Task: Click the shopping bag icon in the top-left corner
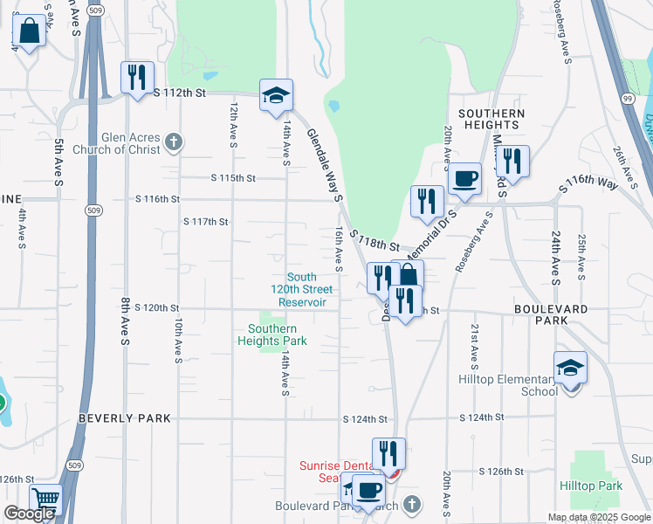click(x=29, y=32)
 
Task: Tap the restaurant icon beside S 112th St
click(x=137, y=79)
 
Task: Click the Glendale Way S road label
click(x=322, y=166)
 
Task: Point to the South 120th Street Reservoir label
click(x=302, y=290)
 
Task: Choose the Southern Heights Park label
click(x=272, y=334)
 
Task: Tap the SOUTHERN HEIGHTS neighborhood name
click(x=491, y=120)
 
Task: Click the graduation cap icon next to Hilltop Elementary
click(x=570, y=368)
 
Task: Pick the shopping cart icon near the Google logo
click(x=45, y=501)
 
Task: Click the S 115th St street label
click(x=233, y=178)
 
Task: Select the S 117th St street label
click(x=205, y=222)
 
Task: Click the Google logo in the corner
click(x=29, y=514)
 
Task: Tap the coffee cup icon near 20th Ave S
click(x=464, y=179)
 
